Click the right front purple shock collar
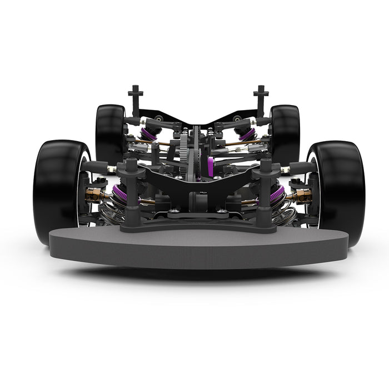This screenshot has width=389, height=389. click(x=277, y=193)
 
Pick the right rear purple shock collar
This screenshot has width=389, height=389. click(x=247, y=133)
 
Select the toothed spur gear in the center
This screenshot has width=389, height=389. click(x=184, y=150)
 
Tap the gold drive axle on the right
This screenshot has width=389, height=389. click(x=300, y=194)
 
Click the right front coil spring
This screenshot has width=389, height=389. click(x=282, y=212)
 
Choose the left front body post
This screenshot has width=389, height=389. click(x=131, y=189)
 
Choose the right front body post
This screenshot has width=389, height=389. click(x=266, y=189)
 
